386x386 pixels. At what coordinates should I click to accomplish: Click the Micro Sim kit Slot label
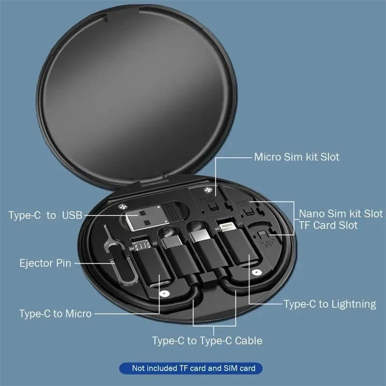click(x=297, y=157)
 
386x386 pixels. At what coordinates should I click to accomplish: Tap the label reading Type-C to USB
click(x=45, y=215)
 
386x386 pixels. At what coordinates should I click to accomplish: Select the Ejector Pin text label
click(x=45, y=263)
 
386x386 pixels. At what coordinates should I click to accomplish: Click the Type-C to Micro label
click(x=55, y=314)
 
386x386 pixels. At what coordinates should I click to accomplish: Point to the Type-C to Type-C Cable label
click(x=207, y=341)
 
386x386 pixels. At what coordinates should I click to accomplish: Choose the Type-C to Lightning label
click(x=330, y=304)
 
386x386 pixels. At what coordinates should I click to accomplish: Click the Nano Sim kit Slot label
click(x=341, y=213)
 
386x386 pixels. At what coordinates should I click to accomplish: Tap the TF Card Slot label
click(x=328, y=225)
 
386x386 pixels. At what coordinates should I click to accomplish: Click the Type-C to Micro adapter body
click(x=150, y=270)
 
